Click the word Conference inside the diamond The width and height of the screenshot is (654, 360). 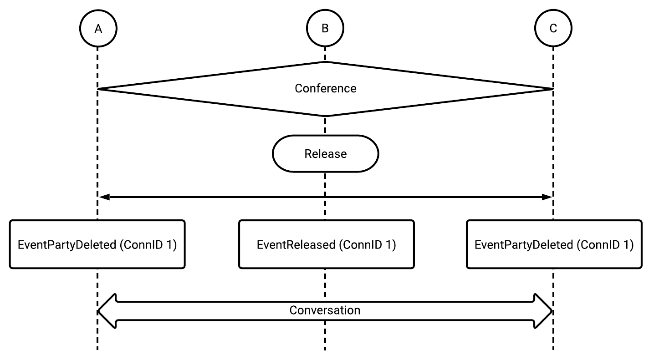(326, 88)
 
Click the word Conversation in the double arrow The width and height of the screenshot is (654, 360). (325, 310)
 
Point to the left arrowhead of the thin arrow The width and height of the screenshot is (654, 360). (104, 197)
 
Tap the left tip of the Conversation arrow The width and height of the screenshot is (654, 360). (98, 311)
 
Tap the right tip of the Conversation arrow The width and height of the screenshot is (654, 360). (552, 311)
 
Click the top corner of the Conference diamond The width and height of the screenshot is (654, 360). (325, 62)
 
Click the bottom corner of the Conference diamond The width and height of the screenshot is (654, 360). (325, 116)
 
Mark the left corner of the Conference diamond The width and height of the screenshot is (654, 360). (98, 89)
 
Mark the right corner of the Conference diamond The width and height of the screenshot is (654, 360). (553, 89)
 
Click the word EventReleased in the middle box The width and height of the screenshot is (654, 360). (296, 245)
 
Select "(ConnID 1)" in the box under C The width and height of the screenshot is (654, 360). (605, 245)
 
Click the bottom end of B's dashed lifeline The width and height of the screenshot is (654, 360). (325, 350)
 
